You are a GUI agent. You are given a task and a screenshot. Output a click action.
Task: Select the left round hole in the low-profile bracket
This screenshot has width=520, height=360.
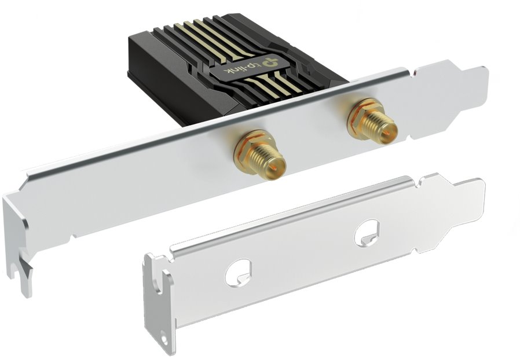[238, 272]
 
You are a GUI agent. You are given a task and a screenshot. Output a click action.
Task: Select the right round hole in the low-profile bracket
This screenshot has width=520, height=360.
[367, 233]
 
